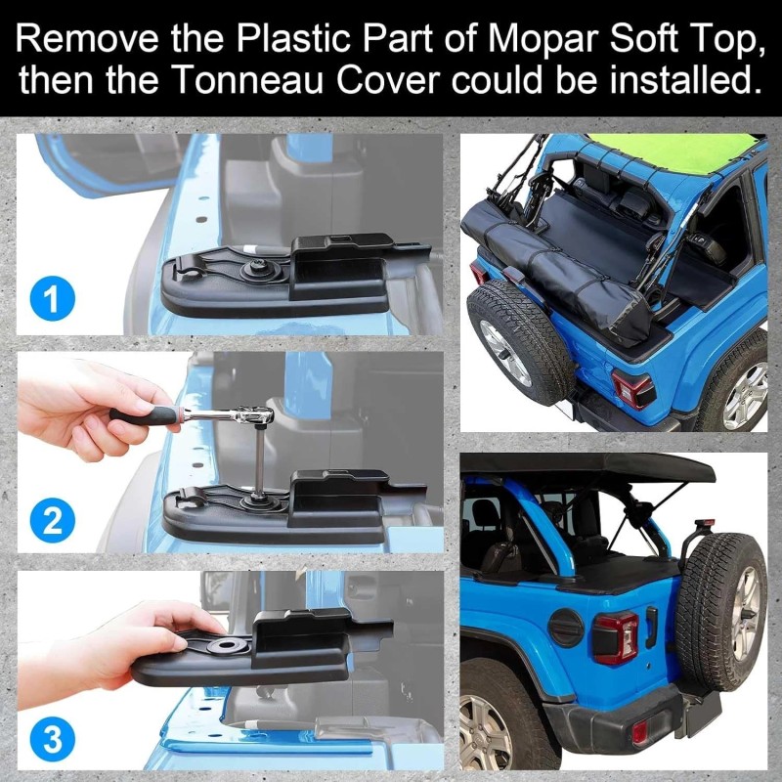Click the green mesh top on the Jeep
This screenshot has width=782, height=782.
(x=684, y=152)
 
